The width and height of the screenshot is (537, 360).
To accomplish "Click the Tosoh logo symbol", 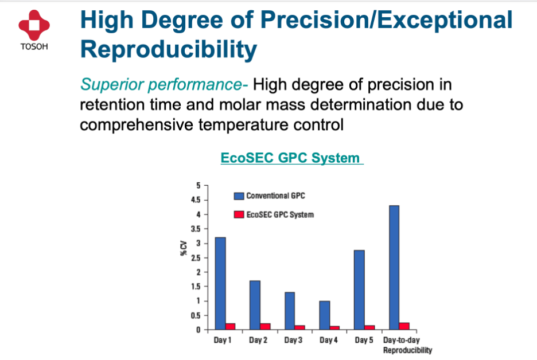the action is (34, 25).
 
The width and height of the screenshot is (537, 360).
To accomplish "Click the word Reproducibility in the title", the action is (169, 50).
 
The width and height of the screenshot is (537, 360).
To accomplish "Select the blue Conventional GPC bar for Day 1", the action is (220, 283).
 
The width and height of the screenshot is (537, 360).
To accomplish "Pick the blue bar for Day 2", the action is (255, 305).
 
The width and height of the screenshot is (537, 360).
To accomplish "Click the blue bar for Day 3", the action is (290, 311).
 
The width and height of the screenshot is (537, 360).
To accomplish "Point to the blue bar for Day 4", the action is (324, 315).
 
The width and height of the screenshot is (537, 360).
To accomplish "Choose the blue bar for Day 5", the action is (359, 290).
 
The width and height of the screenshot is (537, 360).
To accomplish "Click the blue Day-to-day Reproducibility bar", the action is (394, 268).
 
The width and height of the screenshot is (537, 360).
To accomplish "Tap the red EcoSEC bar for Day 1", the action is (231, 326).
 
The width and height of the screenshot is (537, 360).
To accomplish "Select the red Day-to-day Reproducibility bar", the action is (404, 326).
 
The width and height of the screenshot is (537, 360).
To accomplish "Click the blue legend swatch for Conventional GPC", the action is (239, 195).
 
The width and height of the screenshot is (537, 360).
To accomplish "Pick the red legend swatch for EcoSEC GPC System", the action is (239, 214).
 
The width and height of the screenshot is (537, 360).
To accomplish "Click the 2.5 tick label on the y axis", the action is (196, 258).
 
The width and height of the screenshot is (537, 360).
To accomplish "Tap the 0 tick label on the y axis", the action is (199, 330).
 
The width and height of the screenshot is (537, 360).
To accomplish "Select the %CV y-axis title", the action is (184, 248).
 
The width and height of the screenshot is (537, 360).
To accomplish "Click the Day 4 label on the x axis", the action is (328, 340).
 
